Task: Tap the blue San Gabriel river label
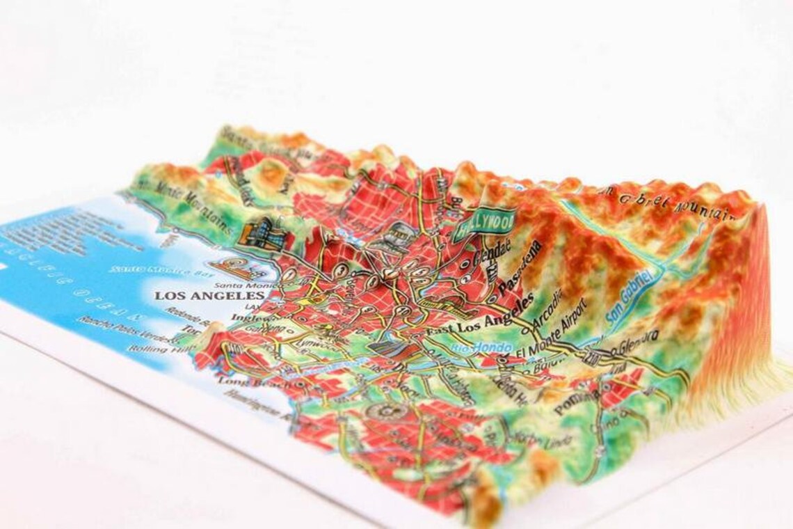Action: click(630, 297)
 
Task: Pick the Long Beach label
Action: click(243, 381)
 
